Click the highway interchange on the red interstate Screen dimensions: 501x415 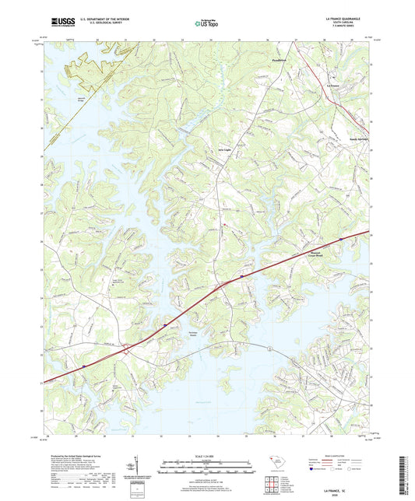pyautogui.click(x=126, y=352)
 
